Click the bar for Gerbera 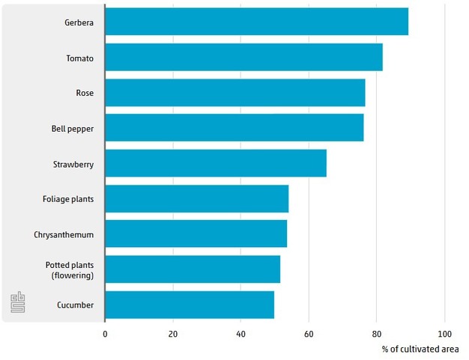tap(256, 22)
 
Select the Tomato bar tap(243, 58)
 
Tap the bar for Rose tap(234, 93)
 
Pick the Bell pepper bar tap(234, 128)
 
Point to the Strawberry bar tap(216, 163)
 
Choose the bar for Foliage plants tap(196, 199)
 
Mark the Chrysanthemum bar tap(196, 234)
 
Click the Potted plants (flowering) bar tap(193, 269)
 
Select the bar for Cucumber tap(190, 305)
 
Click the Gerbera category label tap(79, 22)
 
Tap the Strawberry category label tap(73, 164)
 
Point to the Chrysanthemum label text tap(64, 235)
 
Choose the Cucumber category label tap(75, 305)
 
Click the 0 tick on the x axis tap(105, 334)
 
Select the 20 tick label tap(172, 334)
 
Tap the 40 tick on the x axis tap(240, 334)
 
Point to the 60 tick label tap(309, 334)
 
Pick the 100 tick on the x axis tap(444, 334)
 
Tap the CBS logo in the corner tap(18, 302)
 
